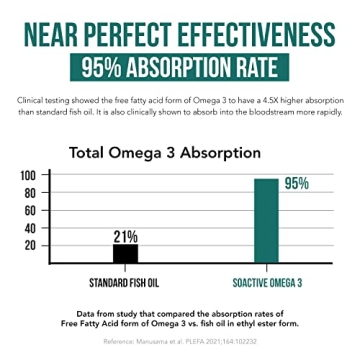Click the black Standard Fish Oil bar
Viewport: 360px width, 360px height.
point(125,253)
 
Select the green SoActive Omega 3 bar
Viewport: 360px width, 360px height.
point(265,220)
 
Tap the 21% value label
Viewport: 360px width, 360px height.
point(125,236)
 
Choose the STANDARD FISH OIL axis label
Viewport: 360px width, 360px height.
point(126,282)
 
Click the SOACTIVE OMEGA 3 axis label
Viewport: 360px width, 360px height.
point(266,282)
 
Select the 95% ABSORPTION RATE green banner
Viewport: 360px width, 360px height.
point(180,70)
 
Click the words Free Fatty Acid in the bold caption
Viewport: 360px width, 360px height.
point(116,322)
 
